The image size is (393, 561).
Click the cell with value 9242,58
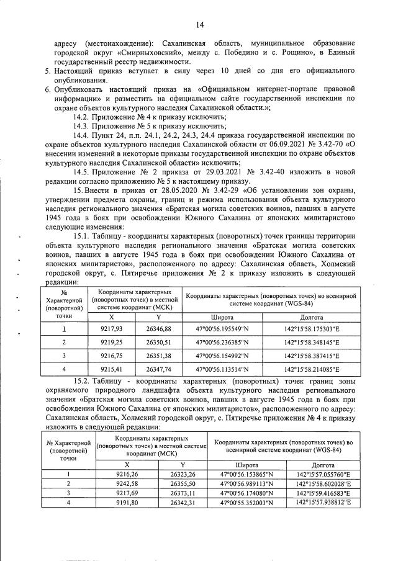126,483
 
